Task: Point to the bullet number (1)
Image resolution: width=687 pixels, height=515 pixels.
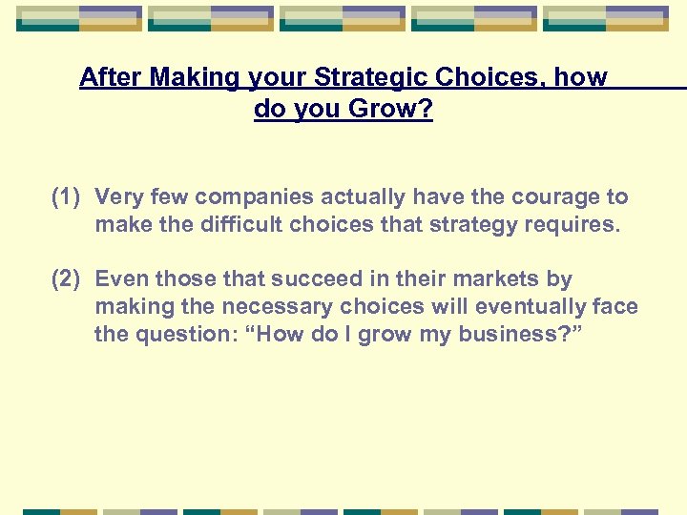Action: pyautogui.click(x=69, y=197)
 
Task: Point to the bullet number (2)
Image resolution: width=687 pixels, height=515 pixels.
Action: pyautogui.click(x=69, y=279)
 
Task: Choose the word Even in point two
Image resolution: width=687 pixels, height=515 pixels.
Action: pyautogui.click(x=122, y=279)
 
